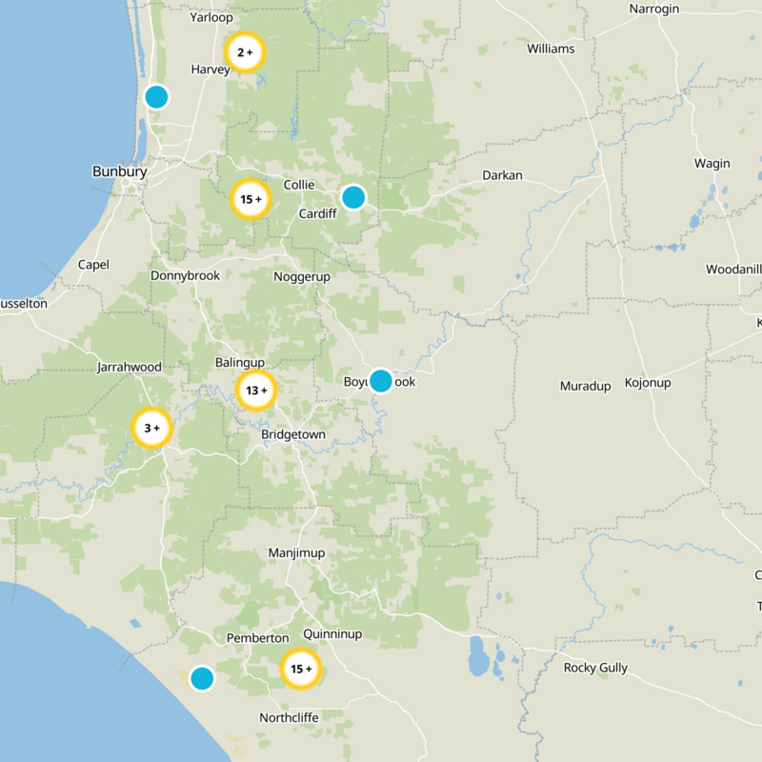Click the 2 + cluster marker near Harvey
(x=245, y=53)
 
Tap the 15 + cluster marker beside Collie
(x=251, y=200)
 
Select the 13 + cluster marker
(x=256, y=391)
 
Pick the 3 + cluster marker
(x=151, y=429)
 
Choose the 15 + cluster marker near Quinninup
(x=301, y=670)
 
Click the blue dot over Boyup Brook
(x=380, y=381)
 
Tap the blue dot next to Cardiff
(x=353, y=197)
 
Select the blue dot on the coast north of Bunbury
(x=156, y=96)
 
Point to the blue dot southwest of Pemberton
(x=201, y=678)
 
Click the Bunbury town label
(x=119, y=172)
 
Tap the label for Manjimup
(x=296, y=553)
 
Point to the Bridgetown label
(x=293, y=435)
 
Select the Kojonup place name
(x=648, y=383)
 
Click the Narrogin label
(x=655, y=10)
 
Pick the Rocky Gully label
(x=595, y=668)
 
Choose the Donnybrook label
(x=185, y=276)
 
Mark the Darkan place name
(x=502, y=175)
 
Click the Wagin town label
(x=712, y=164)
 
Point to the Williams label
(x=551, y=49)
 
